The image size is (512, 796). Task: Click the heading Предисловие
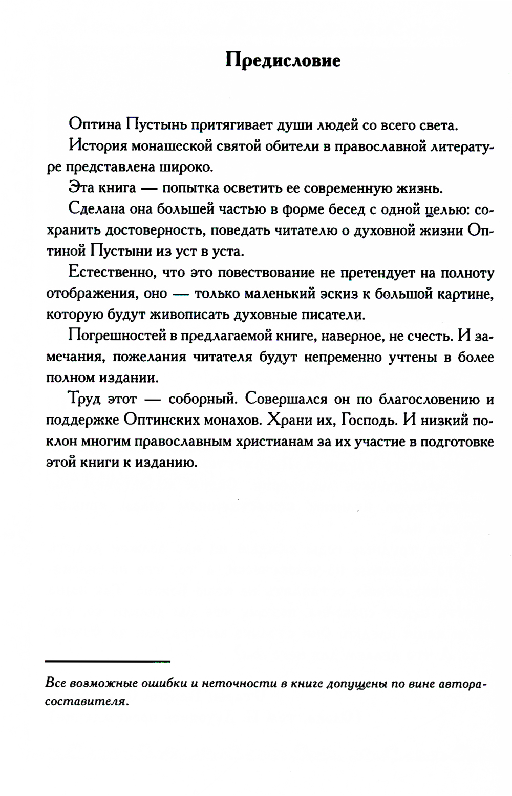click(283, 60)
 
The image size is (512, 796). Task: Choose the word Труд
click(84, 399)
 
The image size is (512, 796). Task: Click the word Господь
click(369, 420)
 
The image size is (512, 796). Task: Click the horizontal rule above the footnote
click(108, 661)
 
